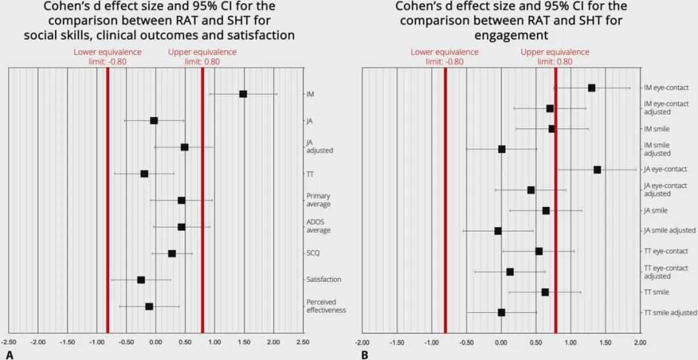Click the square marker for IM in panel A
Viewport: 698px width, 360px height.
243,94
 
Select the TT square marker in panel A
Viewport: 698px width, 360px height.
144,174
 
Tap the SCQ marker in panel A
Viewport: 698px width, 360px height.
172,253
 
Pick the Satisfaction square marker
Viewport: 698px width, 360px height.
141,280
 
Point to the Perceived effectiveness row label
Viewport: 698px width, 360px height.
326,306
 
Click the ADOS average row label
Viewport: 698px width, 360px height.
318,226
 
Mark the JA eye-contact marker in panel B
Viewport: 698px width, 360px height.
597,170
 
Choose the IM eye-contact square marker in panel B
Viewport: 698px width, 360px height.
591,88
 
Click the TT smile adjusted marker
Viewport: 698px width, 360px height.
502,313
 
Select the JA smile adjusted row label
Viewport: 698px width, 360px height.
669,231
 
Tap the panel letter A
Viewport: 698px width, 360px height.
9,354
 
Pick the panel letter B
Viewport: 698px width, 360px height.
365,354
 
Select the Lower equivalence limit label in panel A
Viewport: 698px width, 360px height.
107,57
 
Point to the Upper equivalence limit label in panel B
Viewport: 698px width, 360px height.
555,57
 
